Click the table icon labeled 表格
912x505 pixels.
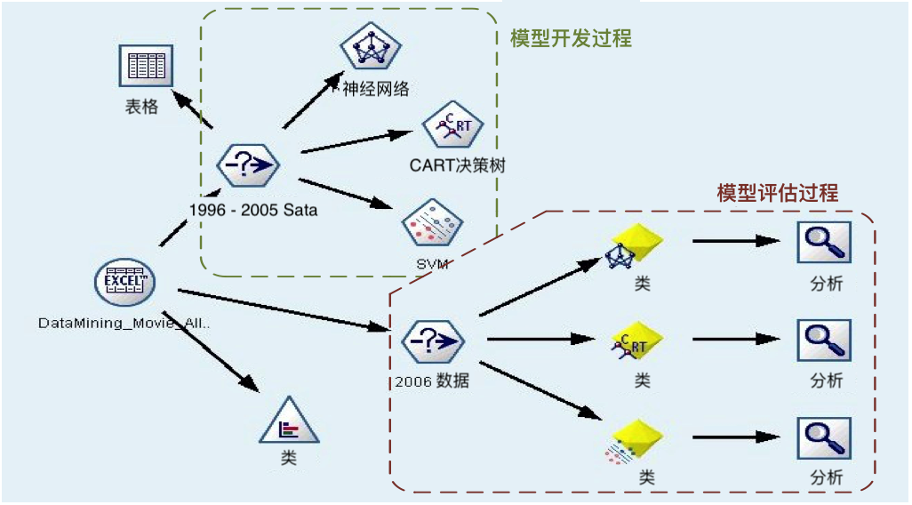(x=146, y=66)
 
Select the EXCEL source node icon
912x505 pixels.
(x=125, y=283)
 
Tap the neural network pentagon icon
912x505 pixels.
(x=366, y=49)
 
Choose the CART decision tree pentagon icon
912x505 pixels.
(x=452, y=129)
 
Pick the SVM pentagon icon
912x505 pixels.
(x=431, y=225)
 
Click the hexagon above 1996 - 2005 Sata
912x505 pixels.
(x=248, y=164)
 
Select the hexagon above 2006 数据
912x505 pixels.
(x=432, y=341)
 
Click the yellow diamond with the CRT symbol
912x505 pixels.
(x=638, y=342)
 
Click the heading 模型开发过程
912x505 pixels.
(x=571, y=38)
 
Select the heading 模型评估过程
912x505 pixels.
(x=778, y=193)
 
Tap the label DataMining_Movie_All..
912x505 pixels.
(x=124, y=322)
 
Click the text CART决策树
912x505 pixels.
(x=458, y=165)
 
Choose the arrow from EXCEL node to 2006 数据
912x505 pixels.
(x=284, y=309)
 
